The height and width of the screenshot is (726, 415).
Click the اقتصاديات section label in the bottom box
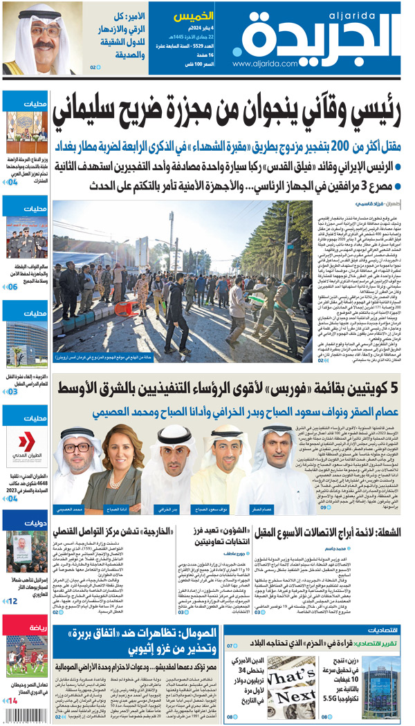[x=380, y=631]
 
